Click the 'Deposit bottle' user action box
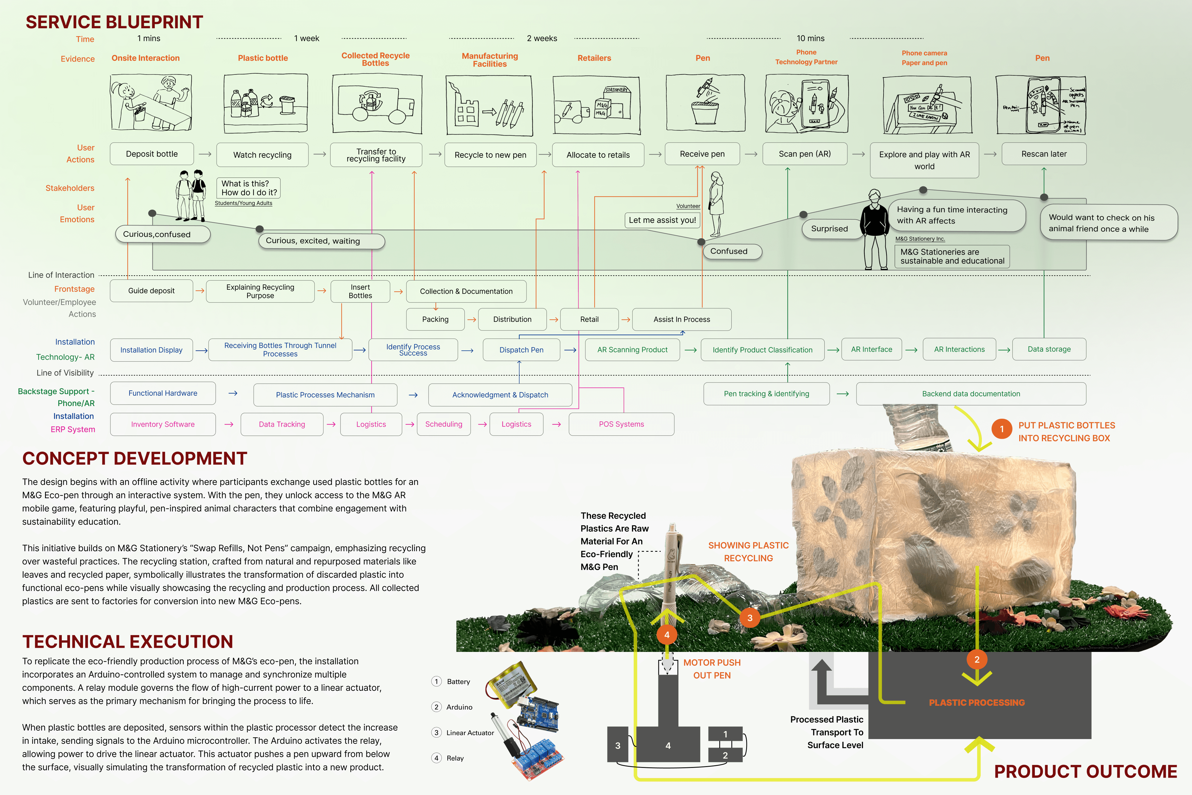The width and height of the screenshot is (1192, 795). (x=152, y=154)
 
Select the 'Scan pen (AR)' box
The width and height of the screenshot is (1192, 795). (x=805, y=154)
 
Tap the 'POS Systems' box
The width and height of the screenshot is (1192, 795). (x=621, y=424)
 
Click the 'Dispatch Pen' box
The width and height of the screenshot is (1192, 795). (x=521, y=350)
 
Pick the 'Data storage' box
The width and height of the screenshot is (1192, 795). (x=1049, y=349)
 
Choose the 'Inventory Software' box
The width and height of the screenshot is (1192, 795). (x=163, y=424)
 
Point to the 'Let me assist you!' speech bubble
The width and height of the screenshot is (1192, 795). (x=662, y=220)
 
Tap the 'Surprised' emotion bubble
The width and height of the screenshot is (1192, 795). (x=829, y=229)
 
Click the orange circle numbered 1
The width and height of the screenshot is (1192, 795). (x=1002, y=429)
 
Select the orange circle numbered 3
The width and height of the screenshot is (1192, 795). (x=750, y=617)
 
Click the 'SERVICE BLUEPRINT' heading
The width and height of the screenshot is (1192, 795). (x=114, y=22)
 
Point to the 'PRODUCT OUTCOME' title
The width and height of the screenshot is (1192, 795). (x=1085, y=771)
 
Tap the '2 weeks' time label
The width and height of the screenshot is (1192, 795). (x=542, y=39)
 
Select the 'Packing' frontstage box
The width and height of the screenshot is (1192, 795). (x=435, y=319)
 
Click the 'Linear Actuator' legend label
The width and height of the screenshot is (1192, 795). (x=470, y=733)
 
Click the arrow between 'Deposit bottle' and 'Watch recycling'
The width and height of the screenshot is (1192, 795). (x=205, y=154)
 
